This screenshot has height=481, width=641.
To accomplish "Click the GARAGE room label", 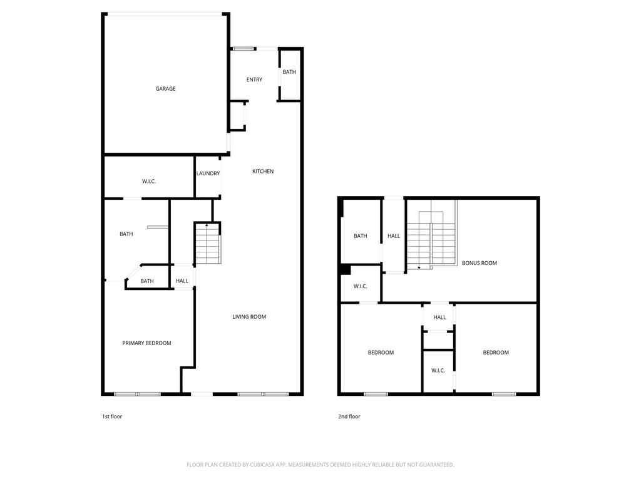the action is [x=165, y=88].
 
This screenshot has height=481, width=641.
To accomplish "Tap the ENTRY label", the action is [x=254, y=80].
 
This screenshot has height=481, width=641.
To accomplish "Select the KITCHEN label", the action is [x=263, y=171].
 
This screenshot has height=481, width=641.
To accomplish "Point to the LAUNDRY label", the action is [x=208, y=173].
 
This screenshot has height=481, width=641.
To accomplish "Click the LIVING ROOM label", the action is [x=249, y=316].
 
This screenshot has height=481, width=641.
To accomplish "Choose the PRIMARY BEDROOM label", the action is [x=146, y=343].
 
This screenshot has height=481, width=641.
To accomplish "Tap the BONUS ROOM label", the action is [x=479, y=262].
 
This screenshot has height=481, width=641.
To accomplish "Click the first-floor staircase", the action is [x=208, y=244].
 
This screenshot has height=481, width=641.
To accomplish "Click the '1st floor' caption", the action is [x=112, y=416].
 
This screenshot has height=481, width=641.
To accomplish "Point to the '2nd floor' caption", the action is [x=349, y=416].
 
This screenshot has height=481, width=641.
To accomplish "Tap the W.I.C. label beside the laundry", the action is [x=149, y=181].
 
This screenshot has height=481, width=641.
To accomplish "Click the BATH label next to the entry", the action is [x=289, y=71].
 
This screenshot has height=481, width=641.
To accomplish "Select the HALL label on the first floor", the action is [x=182, y=281].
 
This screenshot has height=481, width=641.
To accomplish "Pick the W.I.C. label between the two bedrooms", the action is [x=438, y=370].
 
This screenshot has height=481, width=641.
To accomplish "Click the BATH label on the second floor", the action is [x=360, y=235].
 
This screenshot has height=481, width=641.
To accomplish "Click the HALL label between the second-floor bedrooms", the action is [x=440, y=317].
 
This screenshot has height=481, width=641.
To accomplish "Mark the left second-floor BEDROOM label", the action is [x=381, y=352].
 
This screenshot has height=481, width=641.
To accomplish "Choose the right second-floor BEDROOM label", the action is [x=496, y=352].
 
